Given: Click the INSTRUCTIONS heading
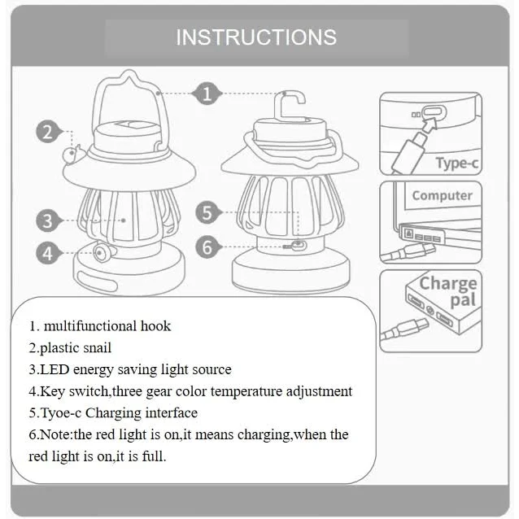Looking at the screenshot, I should [256, 37].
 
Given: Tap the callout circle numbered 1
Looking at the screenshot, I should [207, 94].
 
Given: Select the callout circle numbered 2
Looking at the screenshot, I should [49, 132].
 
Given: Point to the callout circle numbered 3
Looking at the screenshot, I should [49, 220].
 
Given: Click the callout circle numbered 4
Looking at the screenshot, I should [49, 253].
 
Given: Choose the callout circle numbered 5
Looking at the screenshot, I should [208, 213].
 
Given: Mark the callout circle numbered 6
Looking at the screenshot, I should [208, 246].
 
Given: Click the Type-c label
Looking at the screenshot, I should [456, 164].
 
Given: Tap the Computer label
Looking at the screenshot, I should [442, 195].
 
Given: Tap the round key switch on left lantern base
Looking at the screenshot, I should [102, 254].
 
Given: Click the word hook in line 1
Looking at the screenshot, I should [155, 326].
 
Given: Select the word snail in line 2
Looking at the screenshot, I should [95, 348].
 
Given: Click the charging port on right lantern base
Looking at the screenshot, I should [298, 244].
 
